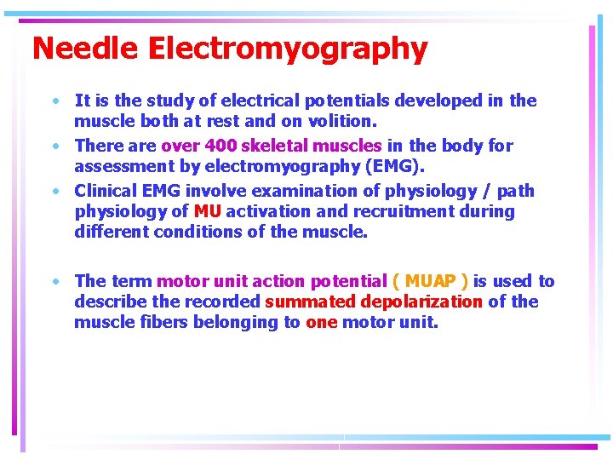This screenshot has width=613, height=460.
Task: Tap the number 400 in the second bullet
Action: [x=220, y=146]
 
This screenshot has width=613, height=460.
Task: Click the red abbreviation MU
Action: [x=208, y=211]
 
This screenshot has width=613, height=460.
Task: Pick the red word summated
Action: [x=310, y=302]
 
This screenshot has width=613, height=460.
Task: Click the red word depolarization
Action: [x=421, y=302]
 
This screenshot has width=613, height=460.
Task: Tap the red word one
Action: [x=321, y=322]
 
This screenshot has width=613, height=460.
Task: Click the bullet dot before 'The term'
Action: [x=54, y=281]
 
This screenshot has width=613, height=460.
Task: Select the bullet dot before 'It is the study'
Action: [x=54, y=101]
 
